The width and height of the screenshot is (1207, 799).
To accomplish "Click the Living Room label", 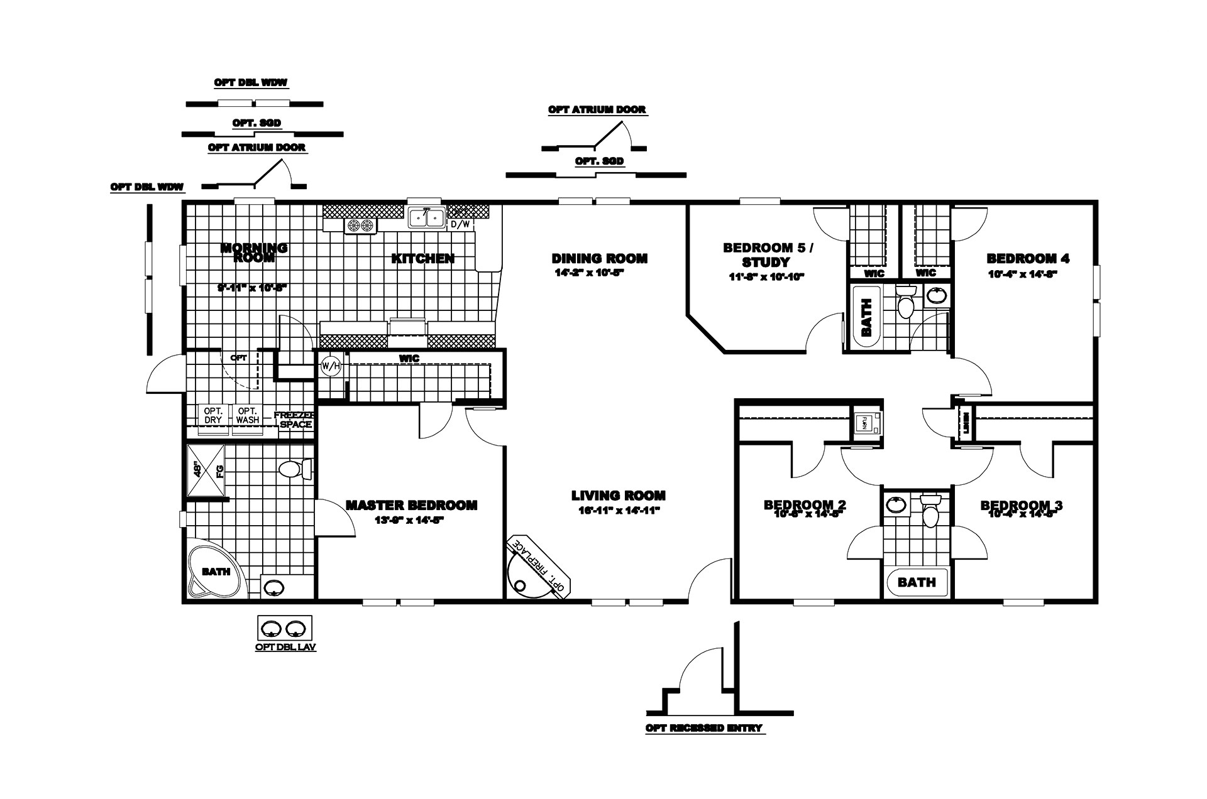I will click(x=618, y=496).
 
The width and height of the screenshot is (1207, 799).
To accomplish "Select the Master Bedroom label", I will click(x=411, y=505).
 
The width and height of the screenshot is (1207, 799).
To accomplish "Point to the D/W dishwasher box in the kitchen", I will click(x=460, y=224).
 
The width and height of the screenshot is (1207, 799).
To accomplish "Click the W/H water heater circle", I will click(x=330, y=366).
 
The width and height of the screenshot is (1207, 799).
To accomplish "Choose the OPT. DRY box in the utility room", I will click(x=213, y=416).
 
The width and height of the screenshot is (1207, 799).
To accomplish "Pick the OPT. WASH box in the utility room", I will click(x=248, y=416).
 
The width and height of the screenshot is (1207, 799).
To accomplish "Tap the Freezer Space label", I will click(x=295, y=420).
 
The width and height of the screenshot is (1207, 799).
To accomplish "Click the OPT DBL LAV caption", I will click(x=285, y=647).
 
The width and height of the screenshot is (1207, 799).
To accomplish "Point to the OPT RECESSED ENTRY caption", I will click(x=703, y=728).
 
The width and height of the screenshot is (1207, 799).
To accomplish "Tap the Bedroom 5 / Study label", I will click(x=767, y=254).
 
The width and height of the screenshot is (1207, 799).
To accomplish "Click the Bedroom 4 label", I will click(x=1027, y=258).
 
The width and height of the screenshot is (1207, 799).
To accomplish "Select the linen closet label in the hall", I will click(x=965, y=421).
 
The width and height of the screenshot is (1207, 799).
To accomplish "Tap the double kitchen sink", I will click(x=426, y=217).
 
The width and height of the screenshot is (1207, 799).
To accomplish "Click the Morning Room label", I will click(x=253, y=253).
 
